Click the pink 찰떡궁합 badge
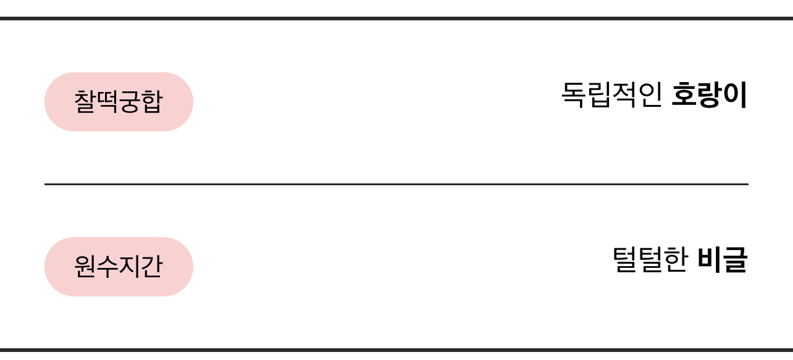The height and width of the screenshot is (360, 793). pyautogui.click(x=119, y=102)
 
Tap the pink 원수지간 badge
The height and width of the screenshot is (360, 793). pyautogui.click(x=119, y=267)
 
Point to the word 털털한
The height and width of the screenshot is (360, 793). pyautogui.click(x=650, y=260)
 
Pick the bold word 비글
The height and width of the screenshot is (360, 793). pyautogui.click(x=723, y=260)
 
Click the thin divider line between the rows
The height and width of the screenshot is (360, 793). pyautogui.click(x=396, y=184)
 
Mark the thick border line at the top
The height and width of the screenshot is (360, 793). pyautogui.click(x=396, y=19)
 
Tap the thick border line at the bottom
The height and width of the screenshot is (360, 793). pyautogui.click(x=396, y=350)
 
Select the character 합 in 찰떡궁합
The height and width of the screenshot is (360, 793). pyautogui.click(x=152, y=102)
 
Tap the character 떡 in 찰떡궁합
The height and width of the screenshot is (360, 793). pyautogui.click(x=107, y=102)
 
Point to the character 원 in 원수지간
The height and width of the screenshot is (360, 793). pyautogui.click(x=85, y=267)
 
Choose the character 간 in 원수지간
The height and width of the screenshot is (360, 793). pyautogui.click(x=152, y=267)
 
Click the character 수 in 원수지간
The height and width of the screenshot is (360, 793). pyautogui.click(x=107, y=267)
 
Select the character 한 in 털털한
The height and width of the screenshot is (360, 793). pyautogui.click(x=676, y=260)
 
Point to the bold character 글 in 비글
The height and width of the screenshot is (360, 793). pyautogui.click(x=736, y=260)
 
